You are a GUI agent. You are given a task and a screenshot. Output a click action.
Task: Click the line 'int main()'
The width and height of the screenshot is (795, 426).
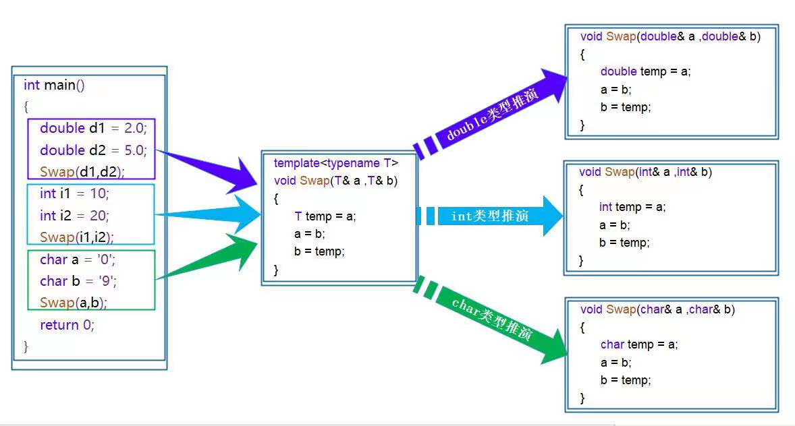(54, 85)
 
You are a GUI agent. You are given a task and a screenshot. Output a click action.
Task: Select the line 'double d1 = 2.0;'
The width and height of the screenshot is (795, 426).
(93, 128)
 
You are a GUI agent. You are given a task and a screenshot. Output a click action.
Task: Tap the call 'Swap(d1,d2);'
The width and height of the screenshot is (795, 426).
(82, 172)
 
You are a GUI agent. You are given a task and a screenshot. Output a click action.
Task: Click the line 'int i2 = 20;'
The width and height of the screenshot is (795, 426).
(74, 216)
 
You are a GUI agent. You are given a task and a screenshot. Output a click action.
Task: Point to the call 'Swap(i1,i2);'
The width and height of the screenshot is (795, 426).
(77, 237)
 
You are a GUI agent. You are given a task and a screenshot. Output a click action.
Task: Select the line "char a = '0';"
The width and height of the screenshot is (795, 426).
(78, 260)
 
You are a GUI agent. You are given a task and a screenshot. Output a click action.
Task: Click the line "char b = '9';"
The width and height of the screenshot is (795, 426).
(78, 281)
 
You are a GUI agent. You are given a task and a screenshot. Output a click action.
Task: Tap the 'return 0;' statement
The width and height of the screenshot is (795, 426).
(67, 325)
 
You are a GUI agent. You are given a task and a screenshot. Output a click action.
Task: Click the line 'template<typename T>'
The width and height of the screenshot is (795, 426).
(336, 163)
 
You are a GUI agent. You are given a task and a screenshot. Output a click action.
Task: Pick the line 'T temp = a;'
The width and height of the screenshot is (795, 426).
(325, 216)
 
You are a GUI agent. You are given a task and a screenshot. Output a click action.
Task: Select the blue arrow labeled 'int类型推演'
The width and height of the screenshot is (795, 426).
(489, 216)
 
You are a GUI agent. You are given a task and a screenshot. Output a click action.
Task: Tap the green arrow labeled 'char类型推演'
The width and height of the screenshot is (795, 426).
(489, 319)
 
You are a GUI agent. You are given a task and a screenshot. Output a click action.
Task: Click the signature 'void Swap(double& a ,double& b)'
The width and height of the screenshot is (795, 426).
(670, 36)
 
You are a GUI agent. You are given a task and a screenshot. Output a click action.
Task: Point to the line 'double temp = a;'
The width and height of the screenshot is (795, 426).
(645, 71)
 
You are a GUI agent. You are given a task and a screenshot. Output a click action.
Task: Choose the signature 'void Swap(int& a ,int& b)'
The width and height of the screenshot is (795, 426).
(645, 173)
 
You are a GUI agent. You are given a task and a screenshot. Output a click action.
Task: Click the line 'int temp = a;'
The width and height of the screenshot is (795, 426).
(632, 207)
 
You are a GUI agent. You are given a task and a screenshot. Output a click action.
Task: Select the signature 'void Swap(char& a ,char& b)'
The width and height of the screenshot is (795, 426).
(657, 309)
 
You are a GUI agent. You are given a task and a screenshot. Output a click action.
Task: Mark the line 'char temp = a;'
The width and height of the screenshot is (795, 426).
(639, 344)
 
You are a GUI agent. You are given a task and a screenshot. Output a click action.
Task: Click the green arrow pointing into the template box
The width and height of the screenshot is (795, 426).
(208, 257)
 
